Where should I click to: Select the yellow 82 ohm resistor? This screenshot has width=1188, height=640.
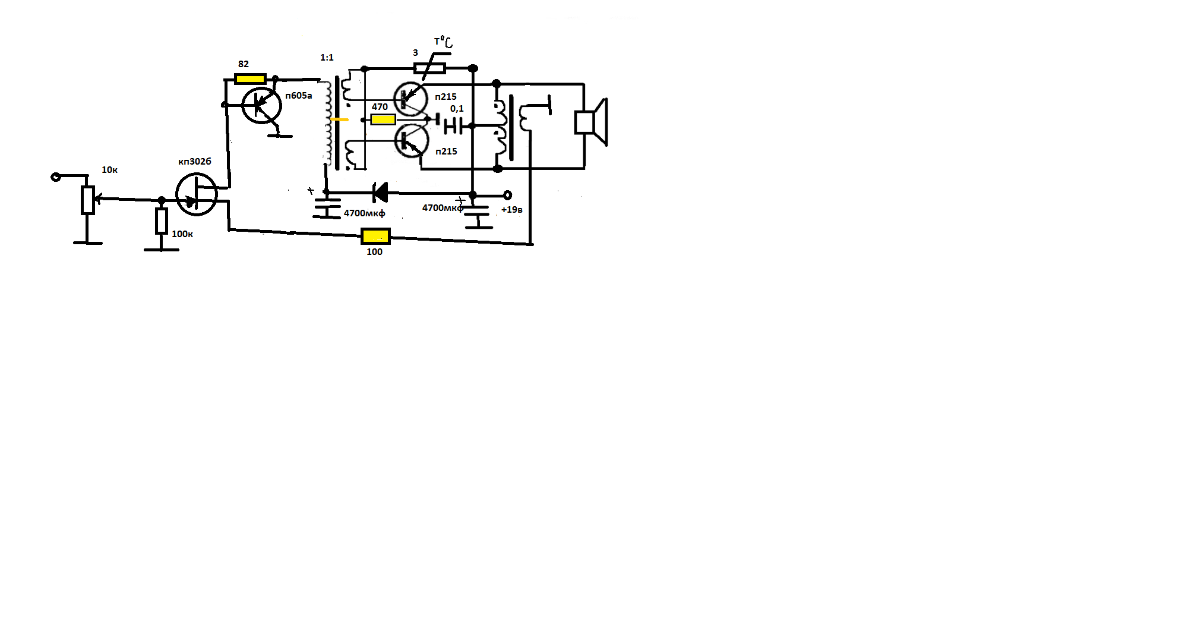point(250,78)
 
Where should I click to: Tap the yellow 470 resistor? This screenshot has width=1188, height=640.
point(383,119)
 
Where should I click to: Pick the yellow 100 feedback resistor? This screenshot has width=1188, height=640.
point(375,236)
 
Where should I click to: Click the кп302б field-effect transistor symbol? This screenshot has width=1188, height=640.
point(197,194)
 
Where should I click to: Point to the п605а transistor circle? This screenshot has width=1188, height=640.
point(262,106)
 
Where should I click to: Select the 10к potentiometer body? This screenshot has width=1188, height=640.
point(88,200)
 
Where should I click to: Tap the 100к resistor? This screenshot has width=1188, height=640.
point(161,220)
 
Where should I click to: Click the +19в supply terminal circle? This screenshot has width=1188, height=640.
point(507,195)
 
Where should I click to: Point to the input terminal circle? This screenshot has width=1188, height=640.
point(56,176)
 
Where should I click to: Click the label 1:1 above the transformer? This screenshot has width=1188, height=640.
point(327,58)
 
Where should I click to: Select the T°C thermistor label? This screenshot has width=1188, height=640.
point(443,42)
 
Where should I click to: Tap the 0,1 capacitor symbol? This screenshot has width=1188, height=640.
point(454,126)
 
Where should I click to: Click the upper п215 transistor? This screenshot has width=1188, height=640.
point(410,99)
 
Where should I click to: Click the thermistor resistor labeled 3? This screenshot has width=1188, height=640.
point(430,68)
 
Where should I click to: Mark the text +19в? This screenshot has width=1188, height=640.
point(512,210)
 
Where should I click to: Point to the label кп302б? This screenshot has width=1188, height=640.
point(195,162)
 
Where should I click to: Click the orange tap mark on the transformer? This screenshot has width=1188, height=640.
point(340,119)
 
